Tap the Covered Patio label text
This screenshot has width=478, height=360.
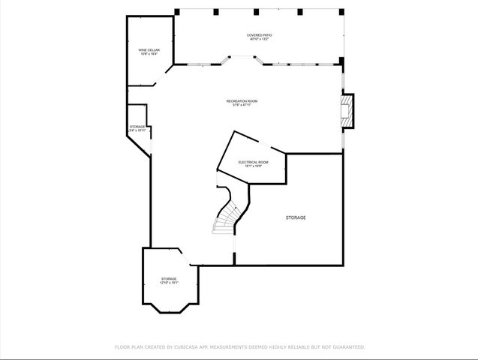click(258, 34)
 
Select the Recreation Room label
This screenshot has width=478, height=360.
click(242, 100)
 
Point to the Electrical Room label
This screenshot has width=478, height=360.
click(253, 161)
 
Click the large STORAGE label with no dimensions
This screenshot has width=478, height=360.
click(295, 217)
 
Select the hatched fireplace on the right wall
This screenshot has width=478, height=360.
click(347, 110)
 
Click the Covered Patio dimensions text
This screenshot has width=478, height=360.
click(258, 39)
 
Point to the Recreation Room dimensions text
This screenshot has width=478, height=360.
click(242, 105)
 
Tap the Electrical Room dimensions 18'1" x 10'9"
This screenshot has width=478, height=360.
click(253, 166)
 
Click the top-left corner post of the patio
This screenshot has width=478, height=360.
click(177, 11)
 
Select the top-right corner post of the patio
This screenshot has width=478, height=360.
click(342, 11)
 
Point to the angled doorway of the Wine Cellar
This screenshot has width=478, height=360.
click(163, 76)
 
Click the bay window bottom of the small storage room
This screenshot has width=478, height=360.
click(170, 304)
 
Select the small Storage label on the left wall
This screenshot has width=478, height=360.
click(137, 127)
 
